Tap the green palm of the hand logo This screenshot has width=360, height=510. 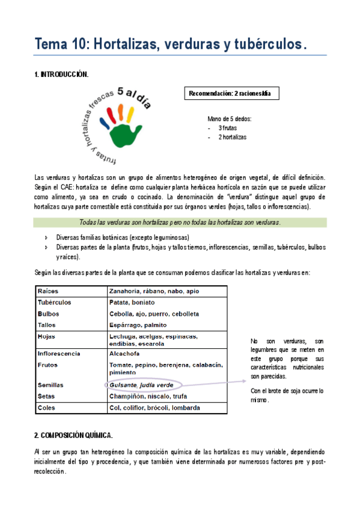(x=130, y=129)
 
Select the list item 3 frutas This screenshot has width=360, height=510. (x=226, y=128)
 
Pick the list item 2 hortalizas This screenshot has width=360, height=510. (x=231, y=137)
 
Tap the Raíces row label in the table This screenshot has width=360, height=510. (x=47, y=291)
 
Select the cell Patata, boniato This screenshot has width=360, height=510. (x=132, y=303)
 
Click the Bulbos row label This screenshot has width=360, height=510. (x=48, y=314)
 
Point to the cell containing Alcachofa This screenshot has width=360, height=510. (x=125, y=354)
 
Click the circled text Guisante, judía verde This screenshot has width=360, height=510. (x=141, y=385)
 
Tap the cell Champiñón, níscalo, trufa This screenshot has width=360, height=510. (x=147, y=396)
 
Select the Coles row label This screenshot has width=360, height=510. (x=46, y=408)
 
